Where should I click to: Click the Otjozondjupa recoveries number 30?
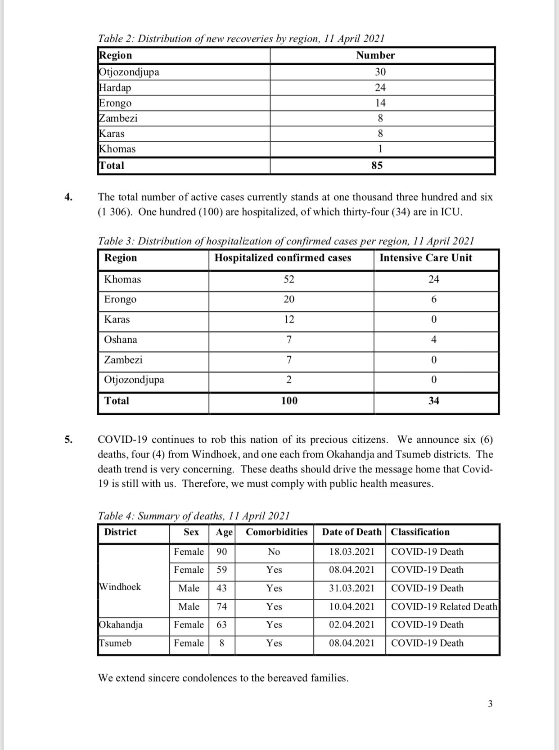380,72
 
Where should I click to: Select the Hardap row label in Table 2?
115,88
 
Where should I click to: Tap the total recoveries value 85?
377,166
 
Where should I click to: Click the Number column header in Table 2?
375,55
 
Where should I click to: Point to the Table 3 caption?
286,241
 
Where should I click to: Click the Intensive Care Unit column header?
426,258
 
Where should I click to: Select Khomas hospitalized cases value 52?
289,279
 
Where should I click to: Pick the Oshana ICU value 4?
434,340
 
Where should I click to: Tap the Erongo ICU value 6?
434,300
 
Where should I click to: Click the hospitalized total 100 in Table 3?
289,401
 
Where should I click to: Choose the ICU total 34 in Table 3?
434,401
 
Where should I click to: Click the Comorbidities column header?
277,532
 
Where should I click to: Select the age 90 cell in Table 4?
222,552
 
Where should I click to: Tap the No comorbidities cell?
274,552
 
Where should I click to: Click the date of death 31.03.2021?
352,588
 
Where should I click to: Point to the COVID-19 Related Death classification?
444,607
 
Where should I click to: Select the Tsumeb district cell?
116,643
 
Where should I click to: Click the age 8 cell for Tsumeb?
222,643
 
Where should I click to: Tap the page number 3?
490,704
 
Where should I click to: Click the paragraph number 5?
68,440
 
